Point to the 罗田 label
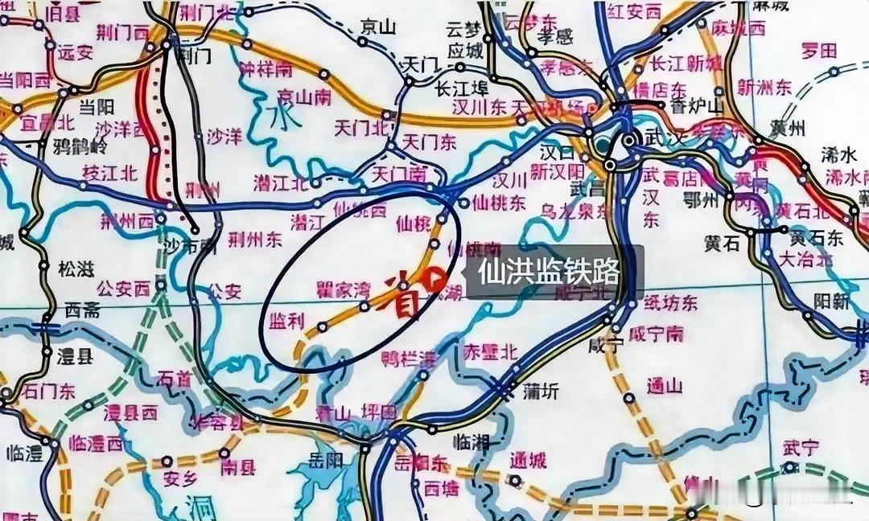pos(819,51)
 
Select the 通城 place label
pos(527,461)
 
